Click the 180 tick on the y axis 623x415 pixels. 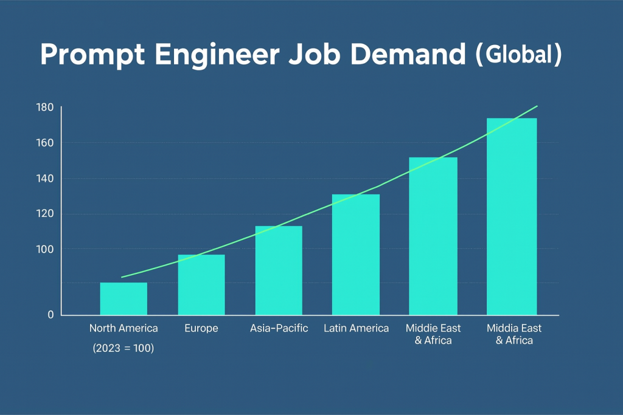46,108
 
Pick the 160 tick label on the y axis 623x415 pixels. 46,143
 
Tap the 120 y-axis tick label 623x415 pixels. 46,214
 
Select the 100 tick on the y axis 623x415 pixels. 46,249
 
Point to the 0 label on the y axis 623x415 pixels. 50,315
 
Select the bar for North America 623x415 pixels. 124,298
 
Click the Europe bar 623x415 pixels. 201,284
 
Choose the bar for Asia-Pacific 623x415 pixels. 279,270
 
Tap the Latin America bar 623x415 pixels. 356,255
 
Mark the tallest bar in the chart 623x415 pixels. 512,216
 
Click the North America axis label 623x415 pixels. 124,328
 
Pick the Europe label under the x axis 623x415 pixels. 201,328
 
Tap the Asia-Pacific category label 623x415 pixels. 279,328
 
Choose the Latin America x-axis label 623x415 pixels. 356,328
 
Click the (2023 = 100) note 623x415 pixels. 124,349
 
